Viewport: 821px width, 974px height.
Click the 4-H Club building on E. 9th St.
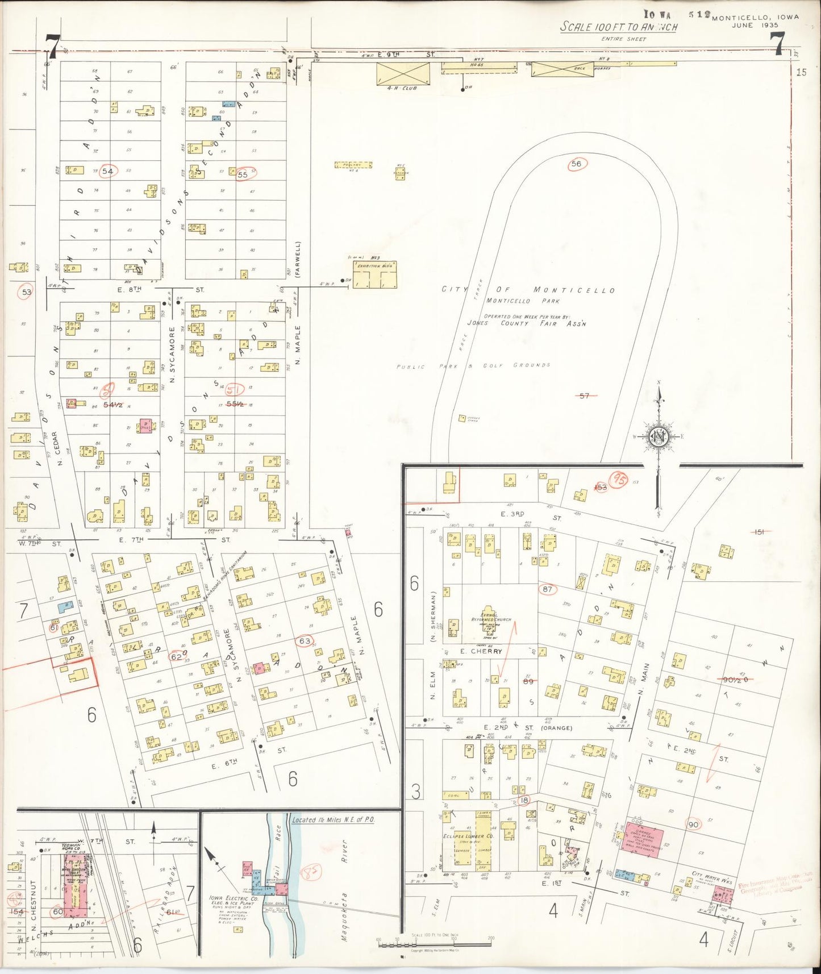404,74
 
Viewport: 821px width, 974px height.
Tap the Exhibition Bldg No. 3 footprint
374,274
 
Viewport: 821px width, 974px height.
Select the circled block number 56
577,164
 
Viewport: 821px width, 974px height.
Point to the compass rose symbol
659,436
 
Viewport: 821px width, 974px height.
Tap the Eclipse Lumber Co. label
468,836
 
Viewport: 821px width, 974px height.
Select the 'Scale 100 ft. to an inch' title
618,27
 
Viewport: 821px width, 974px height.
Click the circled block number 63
305,641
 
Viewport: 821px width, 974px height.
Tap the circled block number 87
547,589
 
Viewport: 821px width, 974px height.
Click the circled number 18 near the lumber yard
524,800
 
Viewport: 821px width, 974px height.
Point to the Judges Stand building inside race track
462,418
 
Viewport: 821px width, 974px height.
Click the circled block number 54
108,171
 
